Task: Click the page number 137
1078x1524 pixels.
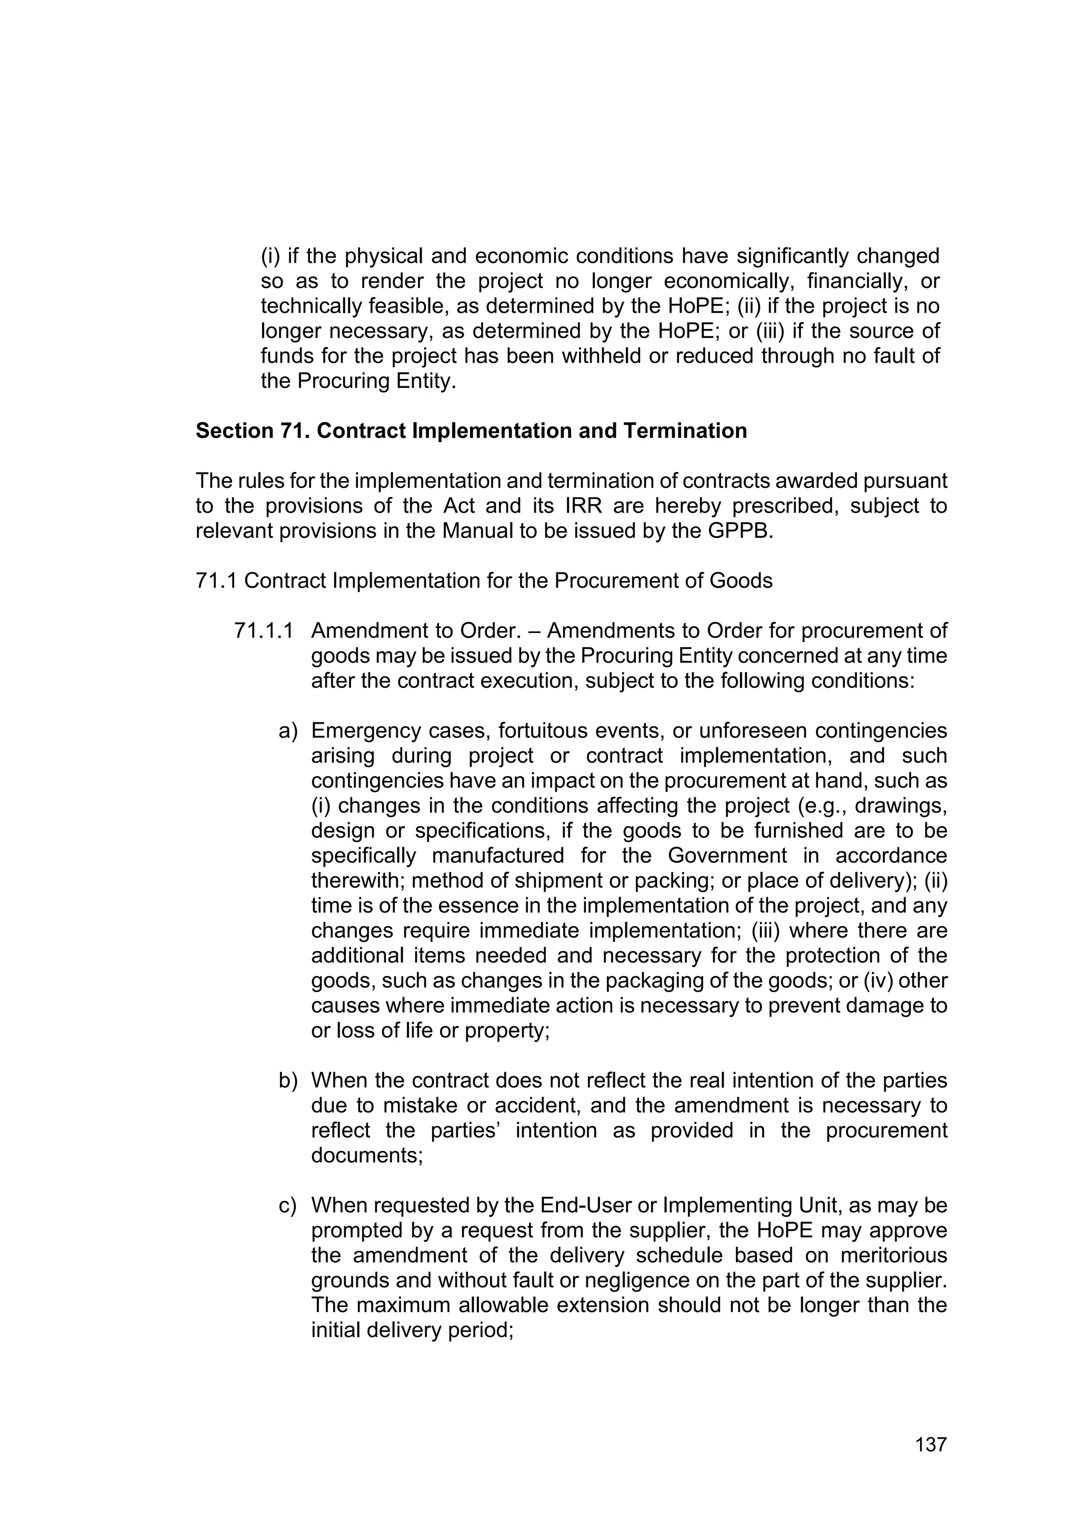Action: [x=931, y=1445]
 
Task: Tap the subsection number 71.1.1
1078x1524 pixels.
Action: [x=264, y=630]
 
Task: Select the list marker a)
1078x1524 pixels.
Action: [x=287, y=731]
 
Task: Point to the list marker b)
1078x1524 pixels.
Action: [x=287, y=1080]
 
